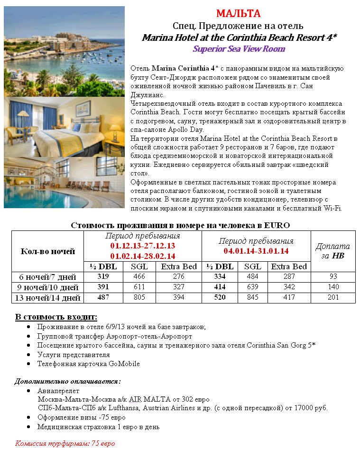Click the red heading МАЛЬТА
[x=239, y=13]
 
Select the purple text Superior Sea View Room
[x=239, y=49]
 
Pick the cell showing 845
[x=252, y=298]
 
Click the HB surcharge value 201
[x=333, y=298]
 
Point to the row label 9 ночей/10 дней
[x=47, y=287]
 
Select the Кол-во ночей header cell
[x=47, y=251]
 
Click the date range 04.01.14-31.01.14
[x=256, y=251]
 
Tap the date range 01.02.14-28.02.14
[x=142, y=256]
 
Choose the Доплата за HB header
[x=332, y=251]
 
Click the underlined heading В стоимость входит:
[x=56, y=317]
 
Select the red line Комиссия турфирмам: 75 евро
[x=65, y=444]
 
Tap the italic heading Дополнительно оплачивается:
[x=67, y=381]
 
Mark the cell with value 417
[x=289, y=298]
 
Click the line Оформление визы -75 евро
[x=82, y=418]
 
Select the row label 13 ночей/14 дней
[x=47, y=298]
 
